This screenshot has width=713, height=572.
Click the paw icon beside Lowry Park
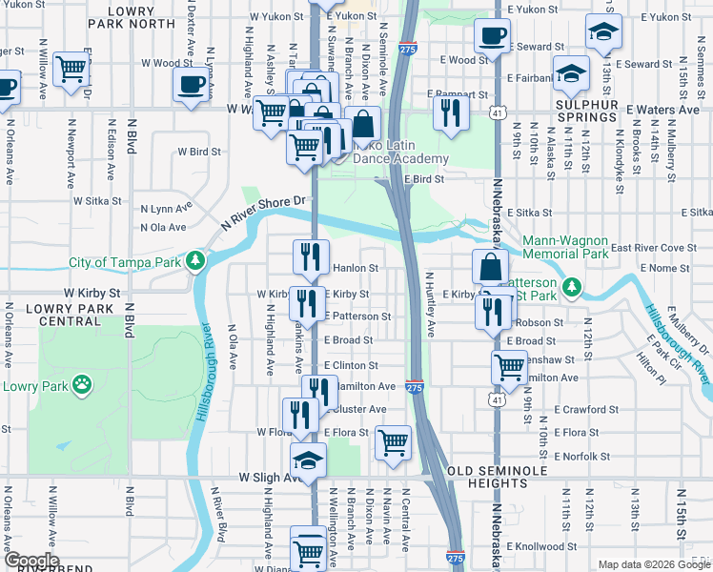(x=84, y=386)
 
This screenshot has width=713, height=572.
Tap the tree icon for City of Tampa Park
(x=194, y=261)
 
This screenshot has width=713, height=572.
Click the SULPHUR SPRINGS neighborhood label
(x=588, y=111)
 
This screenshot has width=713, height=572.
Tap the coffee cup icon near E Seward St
(x=492, y=36)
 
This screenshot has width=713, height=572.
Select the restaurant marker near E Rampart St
(x=449, y=112)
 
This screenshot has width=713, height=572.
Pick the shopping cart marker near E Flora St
(x=393, y=442)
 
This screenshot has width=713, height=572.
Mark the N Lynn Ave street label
(x=168, y=208)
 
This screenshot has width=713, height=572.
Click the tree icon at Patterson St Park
(x=572, y=286)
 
